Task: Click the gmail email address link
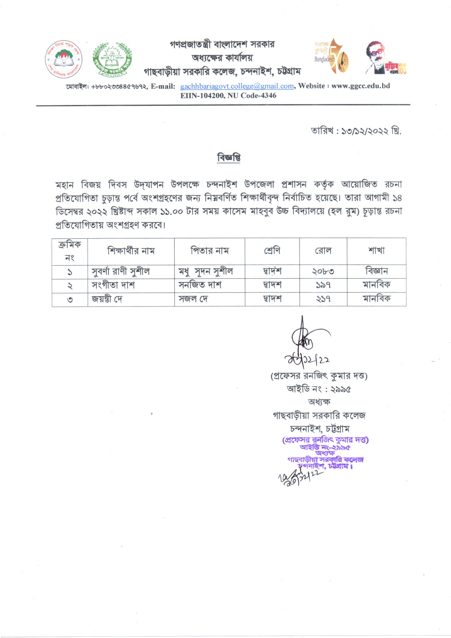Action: coord(237,86)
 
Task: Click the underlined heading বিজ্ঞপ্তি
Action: coord(228,157)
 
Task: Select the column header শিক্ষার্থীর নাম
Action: coord(131,251)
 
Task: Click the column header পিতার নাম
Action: coord(209,251)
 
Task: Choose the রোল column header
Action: coord(323,251)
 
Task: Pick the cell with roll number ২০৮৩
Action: coord(323,272)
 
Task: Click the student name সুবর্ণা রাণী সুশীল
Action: coord(121,272)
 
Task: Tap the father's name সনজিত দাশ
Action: coord(200,285)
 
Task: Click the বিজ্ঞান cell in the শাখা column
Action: coord(376,271)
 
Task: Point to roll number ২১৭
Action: coord(323,299)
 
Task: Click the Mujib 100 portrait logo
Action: coord(385,58)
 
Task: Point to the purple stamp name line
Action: coord(325,440)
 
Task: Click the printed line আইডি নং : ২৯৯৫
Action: coord(318,389)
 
